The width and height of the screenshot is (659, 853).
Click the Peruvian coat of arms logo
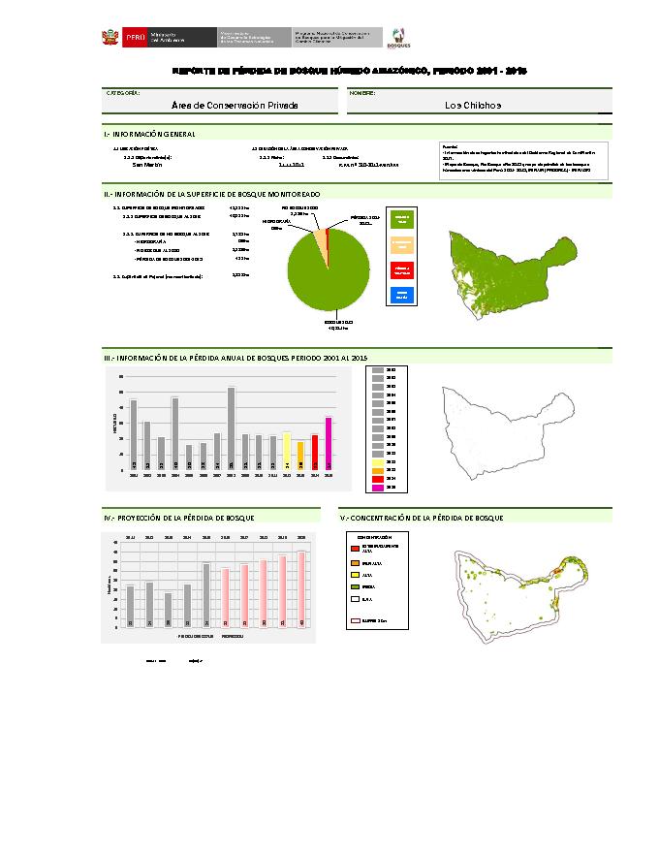tap(110, 38)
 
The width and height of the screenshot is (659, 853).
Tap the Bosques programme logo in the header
tap(399, 39)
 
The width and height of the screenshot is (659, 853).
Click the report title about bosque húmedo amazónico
tap(348, 72)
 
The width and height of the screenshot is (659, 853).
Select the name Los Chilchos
tap(473, 105)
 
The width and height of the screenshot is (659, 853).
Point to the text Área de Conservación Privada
tap(234, 105)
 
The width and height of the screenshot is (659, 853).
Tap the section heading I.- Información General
tap(150, 134)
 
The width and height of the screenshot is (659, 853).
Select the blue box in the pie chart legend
tap(401, 296)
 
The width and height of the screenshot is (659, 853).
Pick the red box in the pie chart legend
tap(401, 270)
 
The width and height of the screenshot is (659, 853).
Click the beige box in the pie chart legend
tap(401, 245)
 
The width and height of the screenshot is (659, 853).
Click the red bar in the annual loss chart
tap(315, 453)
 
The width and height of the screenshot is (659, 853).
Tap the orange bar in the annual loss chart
tap(300, 457)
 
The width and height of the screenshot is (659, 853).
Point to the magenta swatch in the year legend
tap(378, 488)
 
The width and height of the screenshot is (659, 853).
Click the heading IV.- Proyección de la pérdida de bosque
tap(166, 520)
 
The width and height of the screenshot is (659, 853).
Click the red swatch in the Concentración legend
tap(355, 548)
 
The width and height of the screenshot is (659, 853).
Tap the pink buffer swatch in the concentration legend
tap(355, 618)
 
